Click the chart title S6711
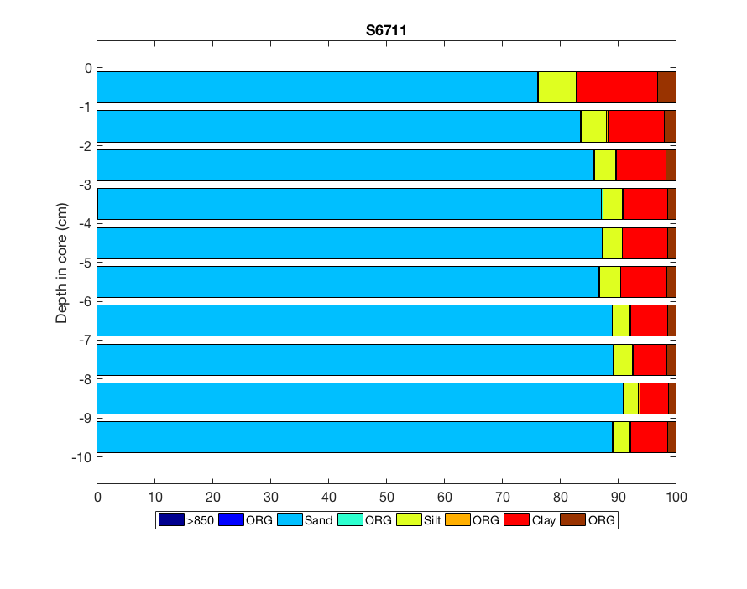pyautogui.click(x=386, y=30)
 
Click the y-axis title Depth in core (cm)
pyautogui.click(x=62, y=263)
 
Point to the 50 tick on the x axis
pyautogui.click(x=387, y=497)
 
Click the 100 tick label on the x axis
pyautogui.click(x=676, y=497)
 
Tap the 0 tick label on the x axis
pyautogui.click(x=97, y=497)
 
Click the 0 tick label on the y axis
pyautogui.click(x=87, y=68)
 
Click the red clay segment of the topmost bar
pyautogui.click(x=617, y=87)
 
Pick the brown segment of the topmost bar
pyautogui.click(x=666, y=87)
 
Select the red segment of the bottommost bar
pyautogui.click(x=649, y=437)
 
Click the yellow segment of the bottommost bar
pyautogui.click(x=621, y=437)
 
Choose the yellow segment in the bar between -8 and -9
pyautogui.click(x=631, y=399)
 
